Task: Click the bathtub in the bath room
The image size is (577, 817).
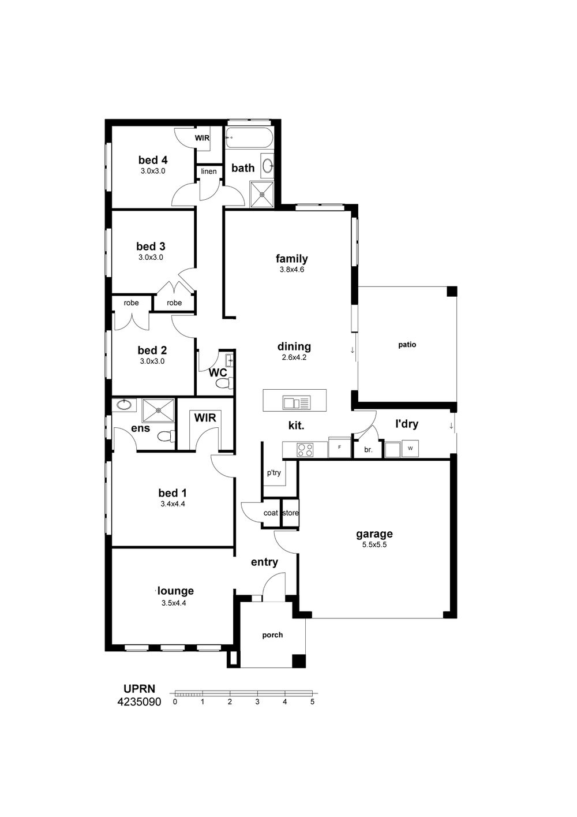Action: [249, 138]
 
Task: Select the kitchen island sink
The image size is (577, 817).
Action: [297, 403]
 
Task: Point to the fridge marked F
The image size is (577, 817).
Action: [339, 447]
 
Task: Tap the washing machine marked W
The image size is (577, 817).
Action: [410, 449]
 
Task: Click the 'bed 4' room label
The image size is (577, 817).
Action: [153, 160]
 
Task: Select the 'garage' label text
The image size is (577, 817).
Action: [374, 534]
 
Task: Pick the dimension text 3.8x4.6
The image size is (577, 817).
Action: [291, 270]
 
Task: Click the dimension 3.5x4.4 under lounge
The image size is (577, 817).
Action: [174, 603]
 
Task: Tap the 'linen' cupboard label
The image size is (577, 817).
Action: [209, 171]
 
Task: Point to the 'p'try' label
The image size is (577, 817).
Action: [273, 473]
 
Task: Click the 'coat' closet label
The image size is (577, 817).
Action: [271, 513]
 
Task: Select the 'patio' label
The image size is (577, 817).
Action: [407, 345]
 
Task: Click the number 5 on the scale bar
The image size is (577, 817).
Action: [312, 702]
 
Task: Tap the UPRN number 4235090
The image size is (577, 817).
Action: [139, 702]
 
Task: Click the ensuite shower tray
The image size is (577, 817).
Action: [159, 411]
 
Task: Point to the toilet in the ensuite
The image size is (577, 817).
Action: [167, 437]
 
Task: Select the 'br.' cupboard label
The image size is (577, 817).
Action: [368, 450]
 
